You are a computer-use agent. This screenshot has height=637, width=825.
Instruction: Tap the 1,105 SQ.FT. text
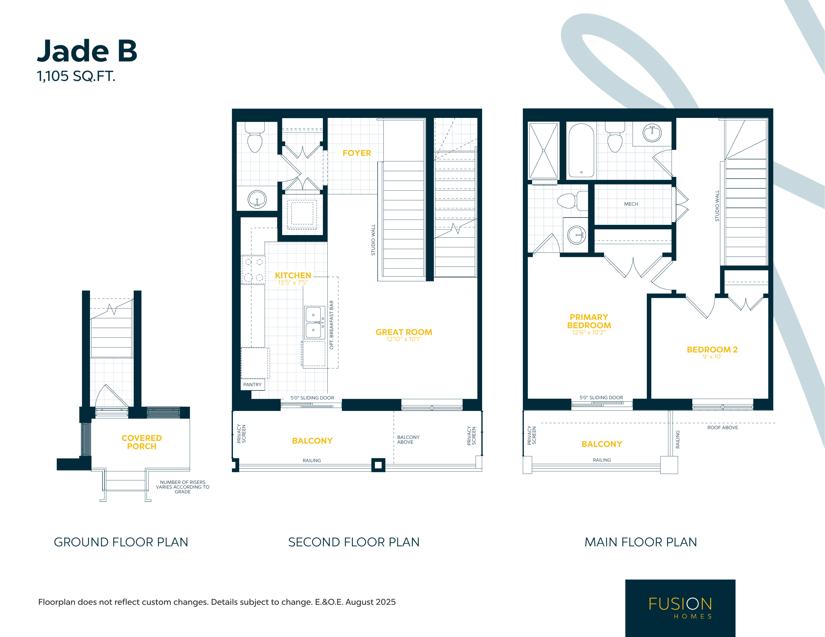pyautogui.click(x=76, y=76)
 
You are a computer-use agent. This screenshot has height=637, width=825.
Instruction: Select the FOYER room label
pyautogui.click(x=357, y=153)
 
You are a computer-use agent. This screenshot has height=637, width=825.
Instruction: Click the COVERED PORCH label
pyautogui.click(x=142, y=442)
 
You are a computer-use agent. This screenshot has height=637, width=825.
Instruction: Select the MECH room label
pyautogui.click(x=631, y=204)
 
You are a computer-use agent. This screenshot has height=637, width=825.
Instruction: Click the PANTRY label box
pyautogui.click(x=252, y=385)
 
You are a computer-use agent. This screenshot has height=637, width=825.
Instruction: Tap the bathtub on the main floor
pyautogui.click(x=581, y=150)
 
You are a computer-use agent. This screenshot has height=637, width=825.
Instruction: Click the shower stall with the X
pyautogui.click(x=544, y=151)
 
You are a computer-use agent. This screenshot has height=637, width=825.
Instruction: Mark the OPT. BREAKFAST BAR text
pyautogui.click(x=331, y=325)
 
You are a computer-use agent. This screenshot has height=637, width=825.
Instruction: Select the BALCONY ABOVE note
pyautogui.click(x=408, y=440)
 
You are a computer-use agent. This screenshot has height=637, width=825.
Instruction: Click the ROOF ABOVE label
pyautogui.click(x=723, y=427)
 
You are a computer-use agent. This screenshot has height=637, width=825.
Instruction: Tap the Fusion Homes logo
pyautogui.click(x=680, y=608)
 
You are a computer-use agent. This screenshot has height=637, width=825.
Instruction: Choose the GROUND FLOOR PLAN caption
pyautogui.click(x=121, y=542)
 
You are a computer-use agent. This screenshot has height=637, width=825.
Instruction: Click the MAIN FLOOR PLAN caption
pyautogui.click(x=641, y=542)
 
